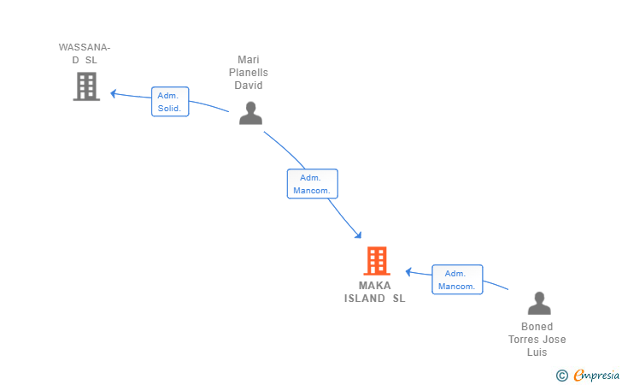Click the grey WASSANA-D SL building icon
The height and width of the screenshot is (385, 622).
point(86,86)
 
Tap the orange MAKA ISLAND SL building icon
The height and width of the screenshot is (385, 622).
point(377,261)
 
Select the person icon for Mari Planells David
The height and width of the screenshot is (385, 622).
point(250,113)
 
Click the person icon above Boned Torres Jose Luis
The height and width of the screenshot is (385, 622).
point(539,303)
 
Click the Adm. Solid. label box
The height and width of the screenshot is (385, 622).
point(170,102)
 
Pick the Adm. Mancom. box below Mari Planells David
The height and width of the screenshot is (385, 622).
point(312,184)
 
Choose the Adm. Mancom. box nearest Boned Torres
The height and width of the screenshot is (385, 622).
point(457,280)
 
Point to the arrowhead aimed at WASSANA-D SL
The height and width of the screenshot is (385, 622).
point(113,94)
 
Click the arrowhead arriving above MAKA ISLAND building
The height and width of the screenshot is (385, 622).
point(358,235)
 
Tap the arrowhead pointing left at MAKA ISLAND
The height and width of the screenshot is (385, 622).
point(408,272)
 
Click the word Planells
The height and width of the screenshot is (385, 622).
point(249,73)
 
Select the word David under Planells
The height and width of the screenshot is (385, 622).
point(249,86)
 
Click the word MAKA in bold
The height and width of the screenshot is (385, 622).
point(375,286)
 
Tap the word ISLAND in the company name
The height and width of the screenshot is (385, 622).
point(365,299)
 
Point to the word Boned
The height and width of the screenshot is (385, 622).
point(537,327)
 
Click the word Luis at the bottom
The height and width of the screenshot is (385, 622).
point(537,352)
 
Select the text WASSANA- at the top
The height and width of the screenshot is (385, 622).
point(85,47)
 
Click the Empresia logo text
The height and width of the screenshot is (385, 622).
point(596,375)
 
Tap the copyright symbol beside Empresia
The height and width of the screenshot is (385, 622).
point(562,376)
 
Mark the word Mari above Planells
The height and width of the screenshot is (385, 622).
point(249,60)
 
